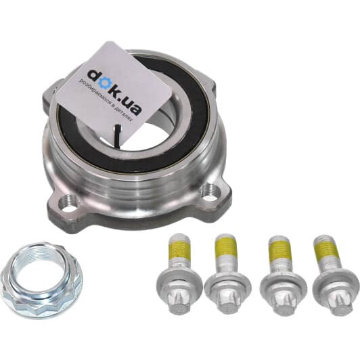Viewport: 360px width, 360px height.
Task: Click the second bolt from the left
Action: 227,273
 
